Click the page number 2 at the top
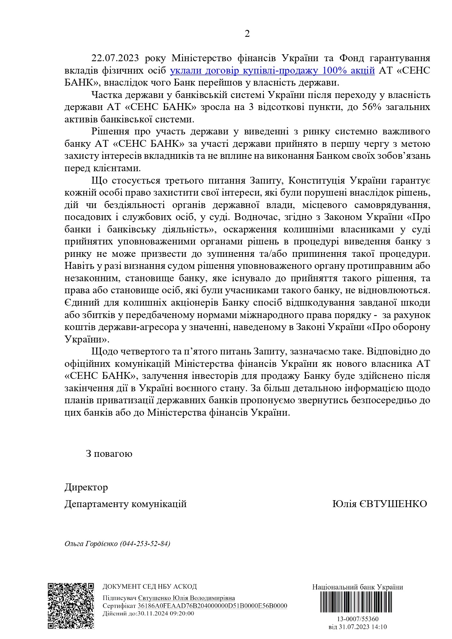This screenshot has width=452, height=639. click(247, 34)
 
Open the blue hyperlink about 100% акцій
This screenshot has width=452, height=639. click(272, 70)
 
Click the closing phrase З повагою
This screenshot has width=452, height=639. click(109, 454)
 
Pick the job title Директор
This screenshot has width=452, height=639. click(86, 487)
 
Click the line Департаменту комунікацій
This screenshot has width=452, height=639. click(125, 504)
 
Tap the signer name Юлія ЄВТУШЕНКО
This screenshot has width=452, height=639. click(380, 504)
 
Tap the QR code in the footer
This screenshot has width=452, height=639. click(71, 606)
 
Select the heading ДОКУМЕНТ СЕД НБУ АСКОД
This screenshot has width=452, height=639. click(150, 587)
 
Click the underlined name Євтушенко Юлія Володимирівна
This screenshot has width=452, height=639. click(186, 598)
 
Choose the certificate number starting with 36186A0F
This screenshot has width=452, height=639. click(212, 606)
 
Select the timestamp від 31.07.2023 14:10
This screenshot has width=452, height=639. click(357, 627)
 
